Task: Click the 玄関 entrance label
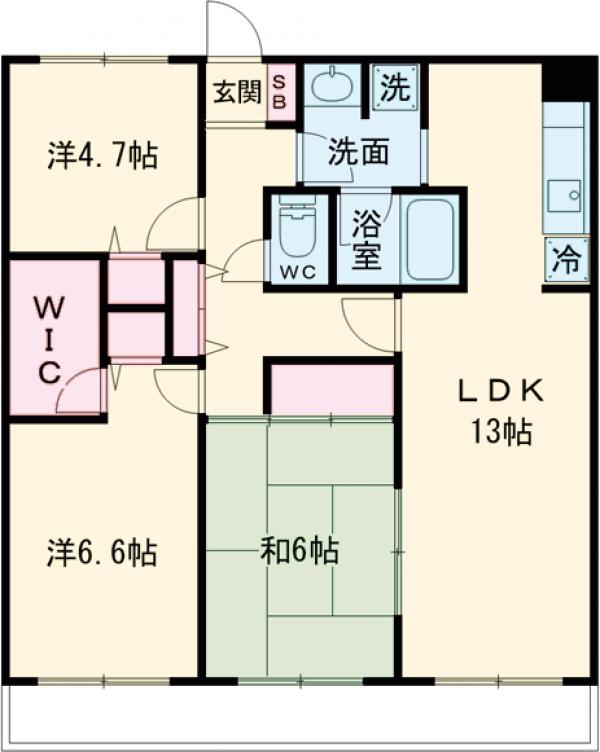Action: [x=236, y=92]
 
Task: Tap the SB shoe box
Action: [x=281, y=92]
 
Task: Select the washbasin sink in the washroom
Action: [x=331, y=85]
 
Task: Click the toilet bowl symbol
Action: [x=296, y=232]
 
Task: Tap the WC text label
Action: [x=297, y=271]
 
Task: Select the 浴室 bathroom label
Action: [x=367, y=240]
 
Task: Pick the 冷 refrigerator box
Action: [x=567, y=263]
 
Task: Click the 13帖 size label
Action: [x=501, y=433]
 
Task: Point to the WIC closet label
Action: [x=49, y=337]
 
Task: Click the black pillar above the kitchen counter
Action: [x=568, y=80]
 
